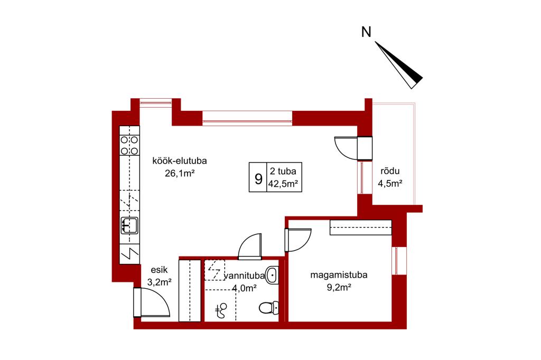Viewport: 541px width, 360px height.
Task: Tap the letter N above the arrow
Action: (x=366, y=32)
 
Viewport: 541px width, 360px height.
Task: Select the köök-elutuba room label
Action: (x=180, y=160)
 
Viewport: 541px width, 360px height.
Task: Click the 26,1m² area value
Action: (x=180, y=173)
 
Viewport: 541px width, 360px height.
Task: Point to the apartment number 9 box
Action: (x=258, y=177)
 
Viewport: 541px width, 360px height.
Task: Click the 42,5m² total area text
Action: (x=283, y=184)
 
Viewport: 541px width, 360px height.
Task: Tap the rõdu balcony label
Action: (x=390, y=170)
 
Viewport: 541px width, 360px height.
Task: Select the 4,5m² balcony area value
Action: (x=390, y=184)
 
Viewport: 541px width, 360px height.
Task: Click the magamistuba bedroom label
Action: (x=339, y=275)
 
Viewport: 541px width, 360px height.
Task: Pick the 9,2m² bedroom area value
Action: (x=339, y=287)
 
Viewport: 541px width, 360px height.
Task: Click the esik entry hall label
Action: (x=159, y=270)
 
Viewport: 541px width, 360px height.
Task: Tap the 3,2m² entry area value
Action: (x=160, y=282)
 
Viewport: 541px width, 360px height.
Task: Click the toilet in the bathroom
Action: (x=269, y=308)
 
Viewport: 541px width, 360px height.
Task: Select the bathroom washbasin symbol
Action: (x=272, y=275)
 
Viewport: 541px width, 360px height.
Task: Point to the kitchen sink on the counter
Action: (x=129, y=225)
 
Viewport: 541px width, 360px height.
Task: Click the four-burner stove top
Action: (x=129, y=145)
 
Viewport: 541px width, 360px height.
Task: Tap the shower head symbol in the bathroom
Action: (x=221, y=311)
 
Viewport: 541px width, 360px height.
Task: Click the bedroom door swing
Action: (x=298, y=240)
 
